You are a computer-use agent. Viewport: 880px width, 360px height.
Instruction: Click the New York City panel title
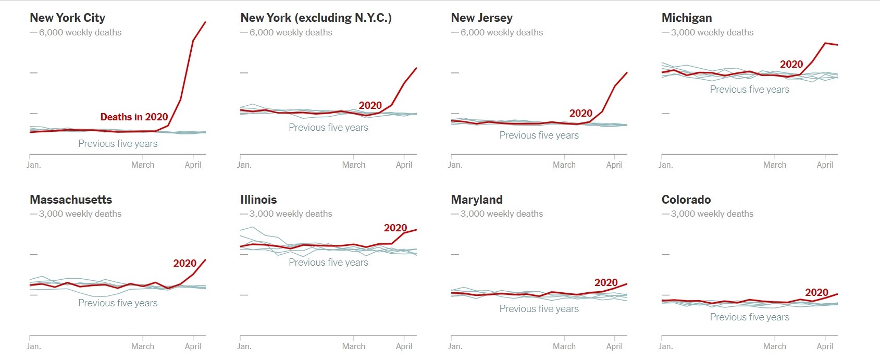click(67, 18)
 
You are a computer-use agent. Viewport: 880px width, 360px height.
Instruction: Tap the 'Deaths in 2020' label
click(134, 117)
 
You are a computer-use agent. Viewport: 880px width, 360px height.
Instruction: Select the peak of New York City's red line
click(205, 22)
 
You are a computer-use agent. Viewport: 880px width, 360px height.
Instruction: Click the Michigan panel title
click(686, 18)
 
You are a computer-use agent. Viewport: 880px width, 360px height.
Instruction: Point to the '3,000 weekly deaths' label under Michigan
click(712, 32)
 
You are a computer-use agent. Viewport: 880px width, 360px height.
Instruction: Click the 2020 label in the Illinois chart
click(395, 228)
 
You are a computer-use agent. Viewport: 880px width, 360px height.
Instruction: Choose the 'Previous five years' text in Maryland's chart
click(539, 308)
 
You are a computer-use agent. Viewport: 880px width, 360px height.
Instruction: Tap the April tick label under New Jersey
click(614, 165)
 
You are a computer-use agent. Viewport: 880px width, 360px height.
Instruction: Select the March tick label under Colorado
click(774, 346)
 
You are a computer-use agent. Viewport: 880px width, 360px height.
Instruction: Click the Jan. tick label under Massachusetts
click(34, 346)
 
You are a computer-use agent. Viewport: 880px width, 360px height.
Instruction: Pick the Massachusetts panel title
click(71, 200)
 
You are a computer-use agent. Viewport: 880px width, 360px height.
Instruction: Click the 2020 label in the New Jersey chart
click(580, 113)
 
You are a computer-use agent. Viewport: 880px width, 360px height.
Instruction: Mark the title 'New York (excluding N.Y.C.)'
click(316, 18)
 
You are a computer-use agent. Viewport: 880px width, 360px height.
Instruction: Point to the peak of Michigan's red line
click(825, 43)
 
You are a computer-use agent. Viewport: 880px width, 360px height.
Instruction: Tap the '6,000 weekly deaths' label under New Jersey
click(501, 32)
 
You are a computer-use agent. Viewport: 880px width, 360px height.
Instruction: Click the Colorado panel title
click(686, 200)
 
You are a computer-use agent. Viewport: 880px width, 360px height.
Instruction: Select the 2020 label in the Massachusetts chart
click(184, 263)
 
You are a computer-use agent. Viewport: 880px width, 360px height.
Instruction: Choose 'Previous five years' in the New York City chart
click(118, 143)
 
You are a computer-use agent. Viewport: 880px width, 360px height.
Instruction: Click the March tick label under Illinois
click(353, 346)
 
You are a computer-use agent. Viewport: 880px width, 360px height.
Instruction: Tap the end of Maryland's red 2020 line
click(626, 284)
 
